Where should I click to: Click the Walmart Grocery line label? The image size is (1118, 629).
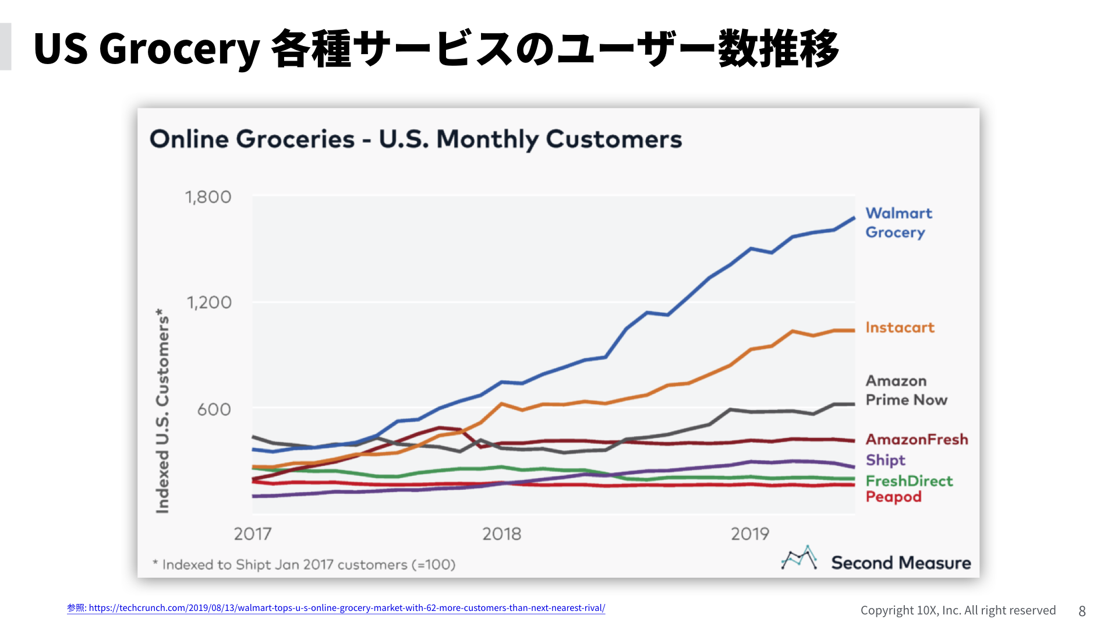coord(898,222)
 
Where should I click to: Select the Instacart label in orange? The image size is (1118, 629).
coord(900,327)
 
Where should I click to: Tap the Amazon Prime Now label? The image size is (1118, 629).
coord(905,390)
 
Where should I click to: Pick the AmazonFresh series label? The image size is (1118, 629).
coord(917,439)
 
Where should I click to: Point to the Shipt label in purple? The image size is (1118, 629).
coord(885,460)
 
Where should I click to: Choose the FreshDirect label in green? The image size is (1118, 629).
coord(909,481)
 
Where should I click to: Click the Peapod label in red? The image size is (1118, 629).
coord(893,497)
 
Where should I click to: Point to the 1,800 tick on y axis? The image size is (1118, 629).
coord(208,197)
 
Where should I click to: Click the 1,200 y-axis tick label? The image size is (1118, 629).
coord(208,302)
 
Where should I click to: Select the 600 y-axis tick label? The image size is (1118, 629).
coord(214,409)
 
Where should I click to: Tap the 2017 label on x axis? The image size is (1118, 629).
coord(252,533)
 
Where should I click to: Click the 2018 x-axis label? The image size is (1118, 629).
coord(501,533)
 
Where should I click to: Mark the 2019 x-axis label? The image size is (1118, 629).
coord(750,533)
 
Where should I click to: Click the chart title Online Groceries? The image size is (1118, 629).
coord(415,139)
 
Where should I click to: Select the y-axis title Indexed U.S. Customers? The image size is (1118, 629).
coord(162,411)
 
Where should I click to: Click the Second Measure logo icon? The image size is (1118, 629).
coord(798,559)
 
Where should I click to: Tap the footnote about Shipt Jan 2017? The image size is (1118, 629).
coord(303,564)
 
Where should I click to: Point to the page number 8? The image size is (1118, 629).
coord(1082,610)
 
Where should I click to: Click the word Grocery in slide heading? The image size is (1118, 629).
coord(179,49)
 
